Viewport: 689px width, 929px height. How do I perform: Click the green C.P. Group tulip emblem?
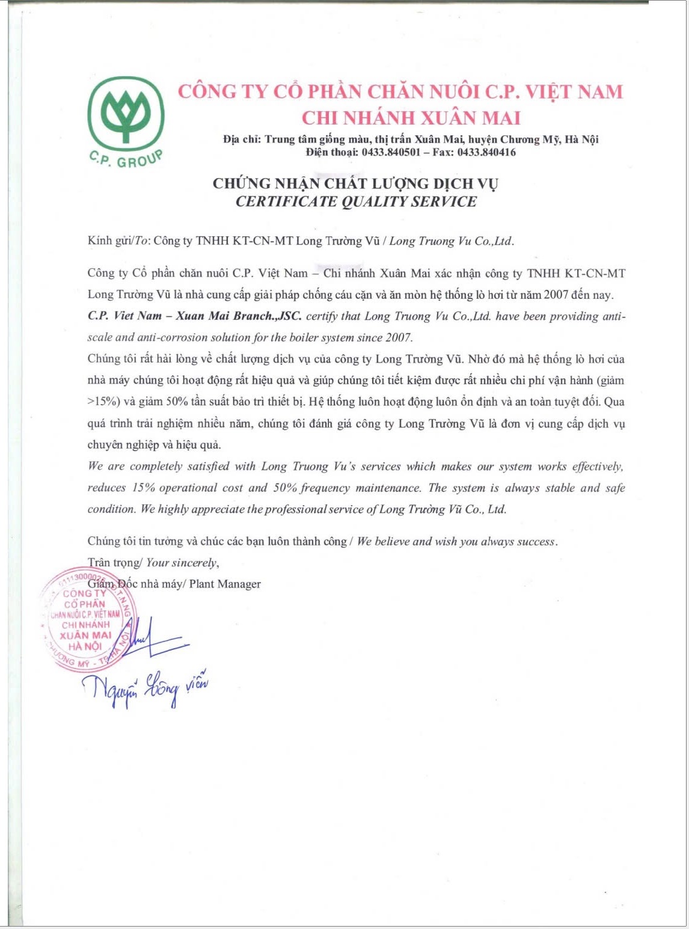click(126, 114)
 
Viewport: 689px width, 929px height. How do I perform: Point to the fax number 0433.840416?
click(486, 152)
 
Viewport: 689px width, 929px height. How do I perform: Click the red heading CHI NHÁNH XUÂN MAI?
click(411, 117)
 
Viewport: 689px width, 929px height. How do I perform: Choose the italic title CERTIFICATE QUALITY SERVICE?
click(356, 201)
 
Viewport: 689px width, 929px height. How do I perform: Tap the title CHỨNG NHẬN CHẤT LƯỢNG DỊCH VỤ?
click(355, 183)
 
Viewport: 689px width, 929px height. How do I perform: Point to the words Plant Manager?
click(225, 584)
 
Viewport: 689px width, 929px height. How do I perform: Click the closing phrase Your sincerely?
click(181, 563)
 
